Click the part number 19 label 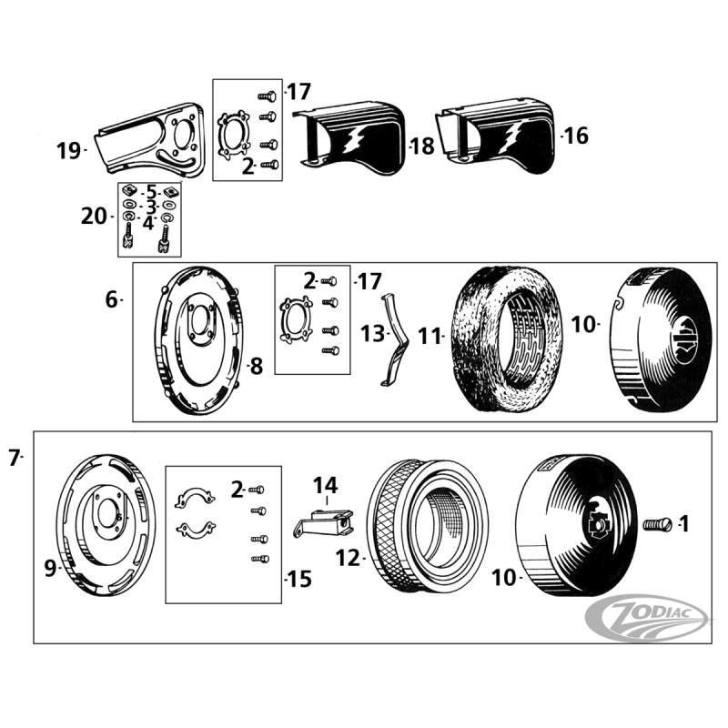click(69, 150)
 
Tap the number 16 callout click(576, 136)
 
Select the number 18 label click(423, 146)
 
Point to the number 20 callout click(94, 216)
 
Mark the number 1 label click(683, 523)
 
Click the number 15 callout click(298, 579)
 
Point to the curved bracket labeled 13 click(392, 341)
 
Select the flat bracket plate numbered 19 click(155, 141)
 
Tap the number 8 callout click(256, 367)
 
